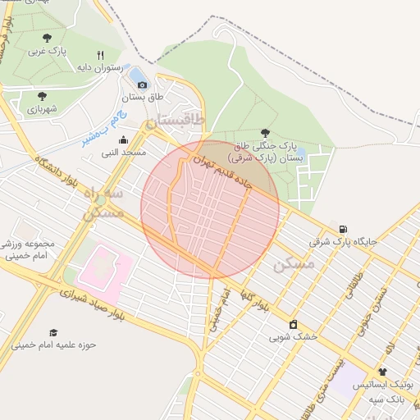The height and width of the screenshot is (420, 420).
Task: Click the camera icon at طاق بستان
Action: click(143, 84)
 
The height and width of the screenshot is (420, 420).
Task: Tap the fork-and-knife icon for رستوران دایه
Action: click(100, 56)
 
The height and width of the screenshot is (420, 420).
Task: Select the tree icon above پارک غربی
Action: click(47, 38)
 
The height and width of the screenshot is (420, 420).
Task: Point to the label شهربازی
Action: click(41, 108)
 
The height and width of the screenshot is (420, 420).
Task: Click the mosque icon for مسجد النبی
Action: click(123, 139)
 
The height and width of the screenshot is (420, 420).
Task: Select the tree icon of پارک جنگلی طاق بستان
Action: click(264, 132)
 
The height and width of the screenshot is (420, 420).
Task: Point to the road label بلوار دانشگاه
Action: click(54, 173)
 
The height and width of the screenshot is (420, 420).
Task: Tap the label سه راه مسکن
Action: click(104, 203)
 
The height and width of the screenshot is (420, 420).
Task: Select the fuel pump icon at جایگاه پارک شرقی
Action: click(342, 229)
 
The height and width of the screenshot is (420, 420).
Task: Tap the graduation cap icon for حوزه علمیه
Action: click(53, 332)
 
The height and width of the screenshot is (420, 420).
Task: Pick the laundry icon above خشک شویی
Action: click(293, 323)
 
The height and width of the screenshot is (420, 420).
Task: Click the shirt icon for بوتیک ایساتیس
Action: click(382, 372)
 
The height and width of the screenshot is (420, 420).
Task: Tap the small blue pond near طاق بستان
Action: click(135, 76)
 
